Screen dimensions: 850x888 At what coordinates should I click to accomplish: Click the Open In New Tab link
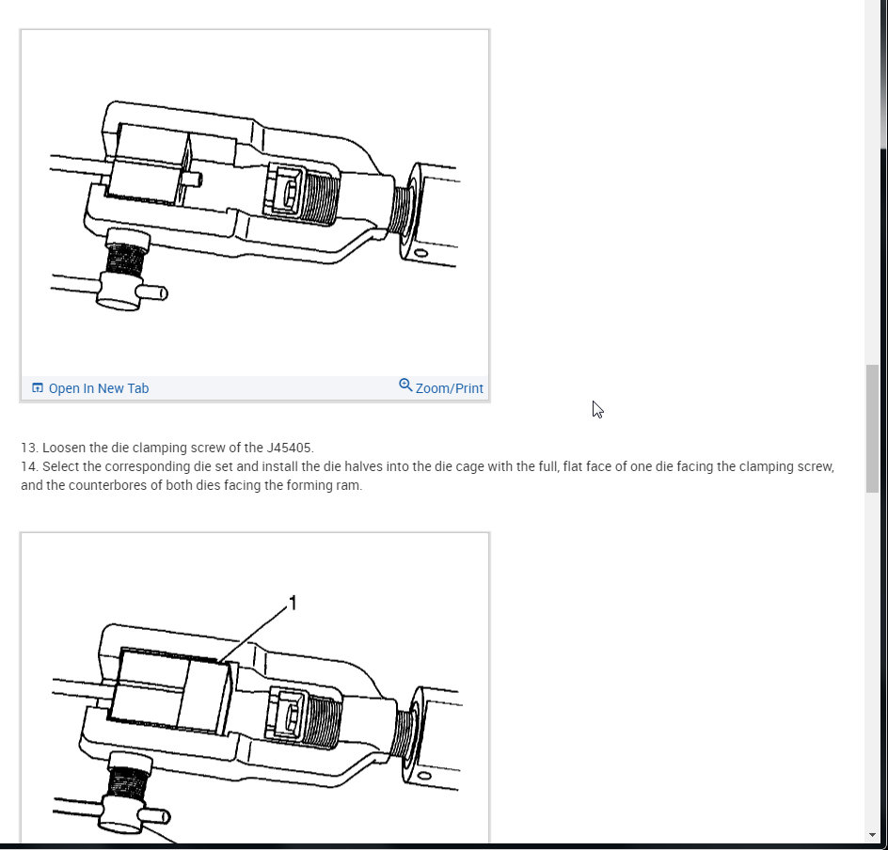pyautogui.click(x=98, y=388)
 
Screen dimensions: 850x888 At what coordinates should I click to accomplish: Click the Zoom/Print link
pyautogui.click(x=449, y=388)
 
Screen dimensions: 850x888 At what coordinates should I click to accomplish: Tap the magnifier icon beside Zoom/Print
pyautogui.click(x=405, y=386)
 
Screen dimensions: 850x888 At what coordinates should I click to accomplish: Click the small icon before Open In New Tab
pyautogui.click(x=38, y=388)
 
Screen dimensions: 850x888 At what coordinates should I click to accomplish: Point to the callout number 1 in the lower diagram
pyautogui.click(x=293, y=603)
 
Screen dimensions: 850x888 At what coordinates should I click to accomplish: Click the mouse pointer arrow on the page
pyautogui.click(x=596, y=409)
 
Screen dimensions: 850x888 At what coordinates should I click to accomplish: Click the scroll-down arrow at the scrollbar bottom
pyautogui.click(x=872, y=835)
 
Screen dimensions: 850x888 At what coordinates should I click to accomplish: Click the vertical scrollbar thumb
pyautogui.click(x=872, y=428)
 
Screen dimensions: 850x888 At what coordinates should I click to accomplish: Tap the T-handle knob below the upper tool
pyautogui.click(x=122, y=292)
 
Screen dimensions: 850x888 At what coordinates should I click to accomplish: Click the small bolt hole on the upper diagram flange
pyautogui.click(x=416, y=255)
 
